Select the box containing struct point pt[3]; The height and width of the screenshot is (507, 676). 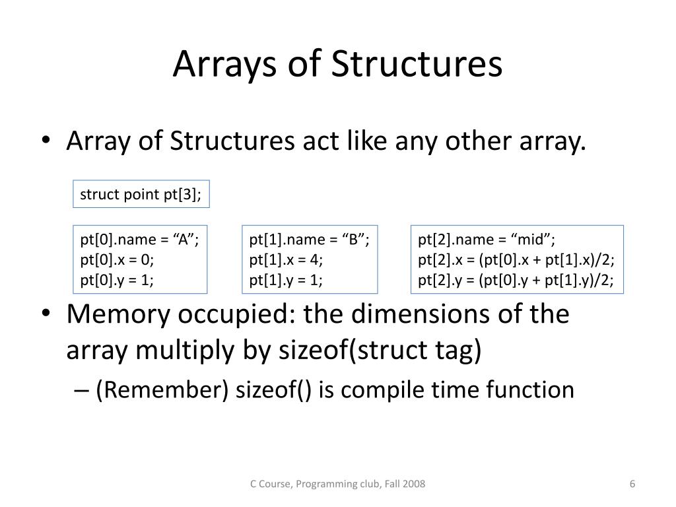click(141, 194)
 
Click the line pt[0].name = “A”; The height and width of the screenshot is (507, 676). click(139, 239)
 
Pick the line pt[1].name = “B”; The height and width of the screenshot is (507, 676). click(309, 239)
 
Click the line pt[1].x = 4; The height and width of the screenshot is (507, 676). click(286, 259)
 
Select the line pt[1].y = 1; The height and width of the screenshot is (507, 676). click(286, 281)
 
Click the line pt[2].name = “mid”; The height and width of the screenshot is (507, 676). click(487, 239)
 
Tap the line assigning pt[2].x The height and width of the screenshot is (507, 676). click(516, 259)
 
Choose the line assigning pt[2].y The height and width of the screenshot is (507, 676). click(516, 281)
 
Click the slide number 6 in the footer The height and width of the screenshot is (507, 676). click(632, 485)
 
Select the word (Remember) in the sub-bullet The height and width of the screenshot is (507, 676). click(162, 389)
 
